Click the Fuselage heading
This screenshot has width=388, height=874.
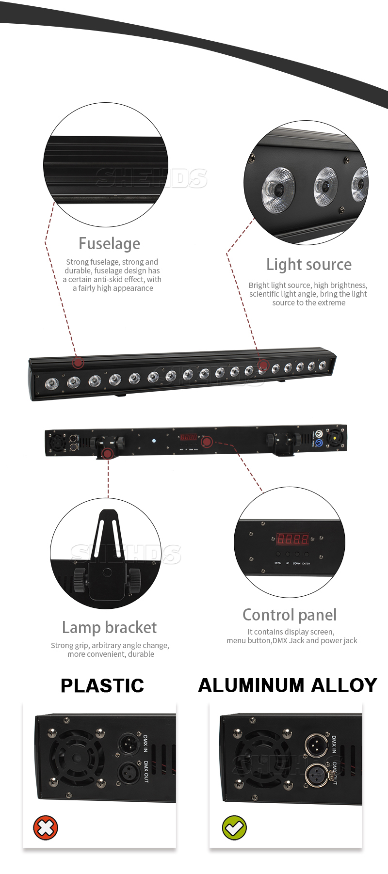click(109, 243)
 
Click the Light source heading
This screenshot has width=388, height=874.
click(309, 264)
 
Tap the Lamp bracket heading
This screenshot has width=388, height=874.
click(109, 627)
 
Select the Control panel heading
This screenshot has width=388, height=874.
click(290, 615)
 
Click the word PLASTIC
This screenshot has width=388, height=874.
click(102, 685)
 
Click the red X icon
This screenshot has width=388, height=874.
click(46, 827)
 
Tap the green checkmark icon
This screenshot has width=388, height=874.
click(234, 827)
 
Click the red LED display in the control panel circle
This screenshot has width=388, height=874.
click(292, 539)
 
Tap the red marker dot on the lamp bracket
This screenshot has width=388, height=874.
click(108, 453)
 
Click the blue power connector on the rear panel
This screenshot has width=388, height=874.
click(319, 443)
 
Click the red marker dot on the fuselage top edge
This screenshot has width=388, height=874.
click(78, 362)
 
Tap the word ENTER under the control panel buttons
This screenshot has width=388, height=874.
click(306, 563)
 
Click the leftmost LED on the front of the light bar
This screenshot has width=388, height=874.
click(51, 385)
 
